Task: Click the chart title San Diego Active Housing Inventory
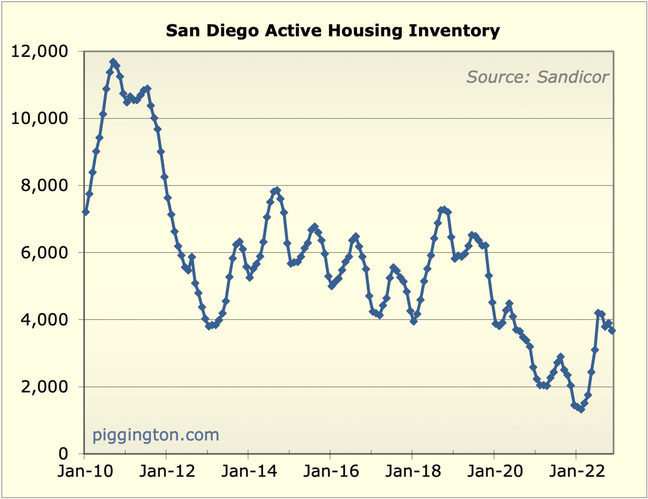click(x=333, y=31)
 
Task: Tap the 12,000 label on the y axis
click(x=40, y=51)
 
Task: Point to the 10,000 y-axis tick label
click(x=40, y=118)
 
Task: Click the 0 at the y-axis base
click(x=63, y=454)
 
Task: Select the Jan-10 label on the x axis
click(x=85, y=471)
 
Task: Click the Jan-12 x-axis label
click(x=167, y=471)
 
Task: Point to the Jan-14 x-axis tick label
click(x=249, y=471)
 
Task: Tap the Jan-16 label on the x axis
click(x=331, y=471)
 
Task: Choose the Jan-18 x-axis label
click(x=413, y=471)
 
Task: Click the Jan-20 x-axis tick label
click(x=495, y=471)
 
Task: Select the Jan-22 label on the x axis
click(x=577, y=471)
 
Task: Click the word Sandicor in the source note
click(x=573, y=77)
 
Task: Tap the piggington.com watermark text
click(x=156, y=435)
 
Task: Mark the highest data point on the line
click(x=113, y=61)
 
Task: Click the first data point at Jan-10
click(x=85, y=212)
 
